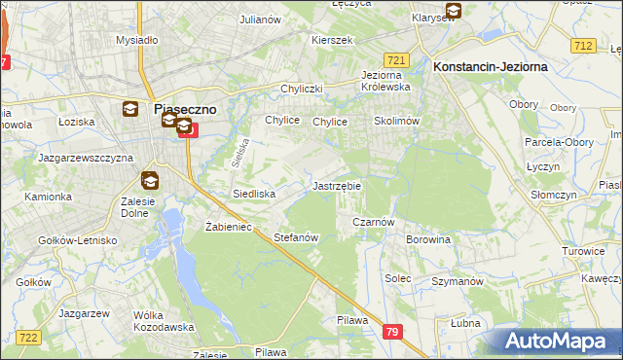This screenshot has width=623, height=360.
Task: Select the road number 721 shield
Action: tap(395, 59)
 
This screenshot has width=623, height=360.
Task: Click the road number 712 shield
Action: tap(584, 46)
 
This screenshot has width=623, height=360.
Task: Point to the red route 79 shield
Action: tap(392, 333)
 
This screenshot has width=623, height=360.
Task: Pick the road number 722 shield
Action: tap(28, 337)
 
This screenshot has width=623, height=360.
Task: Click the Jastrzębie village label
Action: tap(337, 185)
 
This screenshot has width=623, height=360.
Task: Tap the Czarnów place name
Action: tap(372, 222)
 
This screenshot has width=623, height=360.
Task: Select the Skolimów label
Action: tap(396, 122)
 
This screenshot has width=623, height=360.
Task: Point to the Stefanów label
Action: tap(297, 237)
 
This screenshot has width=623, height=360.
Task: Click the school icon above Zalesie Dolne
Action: tap(149, 180)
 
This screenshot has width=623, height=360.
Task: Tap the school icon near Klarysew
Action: tap(452, 13)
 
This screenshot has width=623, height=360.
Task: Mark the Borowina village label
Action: tap(428, 238)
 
